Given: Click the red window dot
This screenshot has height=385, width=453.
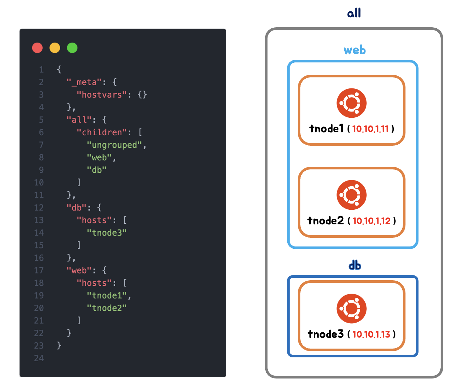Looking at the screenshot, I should point(37,48).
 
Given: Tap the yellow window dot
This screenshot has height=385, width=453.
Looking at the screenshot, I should point(55,48).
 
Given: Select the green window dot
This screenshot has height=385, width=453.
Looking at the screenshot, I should point(72,48).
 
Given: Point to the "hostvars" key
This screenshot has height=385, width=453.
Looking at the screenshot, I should point(102,95).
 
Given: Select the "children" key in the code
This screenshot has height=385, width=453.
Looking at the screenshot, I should point(102,133).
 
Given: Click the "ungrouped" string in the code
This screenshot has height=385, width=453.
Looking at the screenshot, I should point(114,145).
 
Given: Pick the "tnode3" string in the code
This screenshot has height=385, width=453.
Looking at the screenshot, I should point(106,233).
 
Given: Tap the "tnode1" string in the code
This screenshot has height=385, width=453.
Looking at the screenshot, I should point(106,296).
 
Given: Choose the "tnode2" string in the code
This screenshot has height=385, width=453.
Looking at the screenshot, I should point(106,308).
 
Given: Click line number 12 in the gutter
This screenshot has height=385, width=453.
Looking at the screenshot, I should point(39,208).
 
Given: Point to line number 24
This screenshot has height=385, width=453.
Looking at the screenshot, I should point(39,358).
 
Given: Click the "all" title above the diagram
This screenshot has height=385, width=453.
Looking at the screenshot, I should point(354,13).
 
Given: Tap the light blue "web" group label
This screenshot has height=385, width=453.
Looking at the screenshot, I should point(355,50).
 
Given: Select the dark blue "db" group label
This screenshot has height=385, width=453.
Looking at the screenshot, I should point(355,266).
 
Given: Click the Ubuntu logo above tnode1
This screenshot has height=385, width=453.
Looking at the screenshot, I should point(351,103).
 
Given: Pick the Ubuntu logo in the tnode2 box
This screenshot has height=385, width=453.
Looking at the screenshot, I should point(351,195).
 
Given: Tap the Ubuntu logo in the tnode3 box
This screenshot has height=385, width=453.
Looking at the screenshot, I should point(351,309).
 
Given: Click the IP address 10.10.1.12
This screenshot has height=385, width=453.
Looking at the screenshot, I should point(371,221).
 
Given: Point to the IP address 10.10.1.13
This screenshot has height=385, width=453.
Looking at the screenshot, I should point(371,335).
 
